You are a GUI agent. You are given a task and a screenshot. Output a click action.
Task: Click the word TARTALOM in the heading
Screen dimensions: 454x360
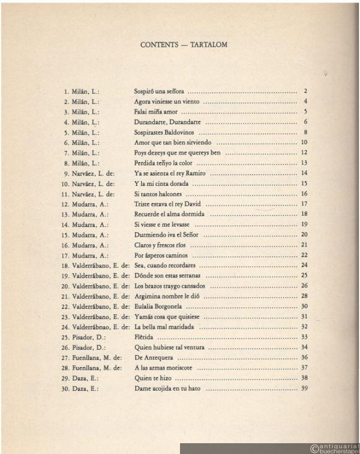(206, 44)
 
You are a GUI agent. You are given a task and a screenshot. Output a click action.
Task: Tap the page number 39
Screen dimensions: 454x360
(304, 389)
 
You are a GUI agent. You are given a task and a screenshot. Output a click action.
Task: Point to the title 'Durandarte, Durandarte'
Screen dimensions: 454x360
(166, 122)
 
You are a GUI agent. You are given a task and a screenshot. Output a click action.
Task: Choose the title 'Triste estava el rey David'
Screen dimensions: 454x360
(168, 204)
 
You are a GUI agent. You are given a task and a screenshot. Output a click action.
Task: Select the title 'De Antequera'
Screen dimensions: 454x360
(152, 357)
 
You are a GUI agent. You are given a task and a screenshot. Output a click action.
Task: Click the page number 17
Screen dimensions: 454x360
(304, 204)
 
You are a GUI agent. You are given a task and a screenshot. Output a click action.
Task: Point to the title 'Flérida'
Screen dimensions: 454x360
(144, 337)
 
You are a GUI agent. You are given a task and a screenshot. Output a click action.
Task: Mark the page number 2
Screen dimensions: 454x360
(305, 92)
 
